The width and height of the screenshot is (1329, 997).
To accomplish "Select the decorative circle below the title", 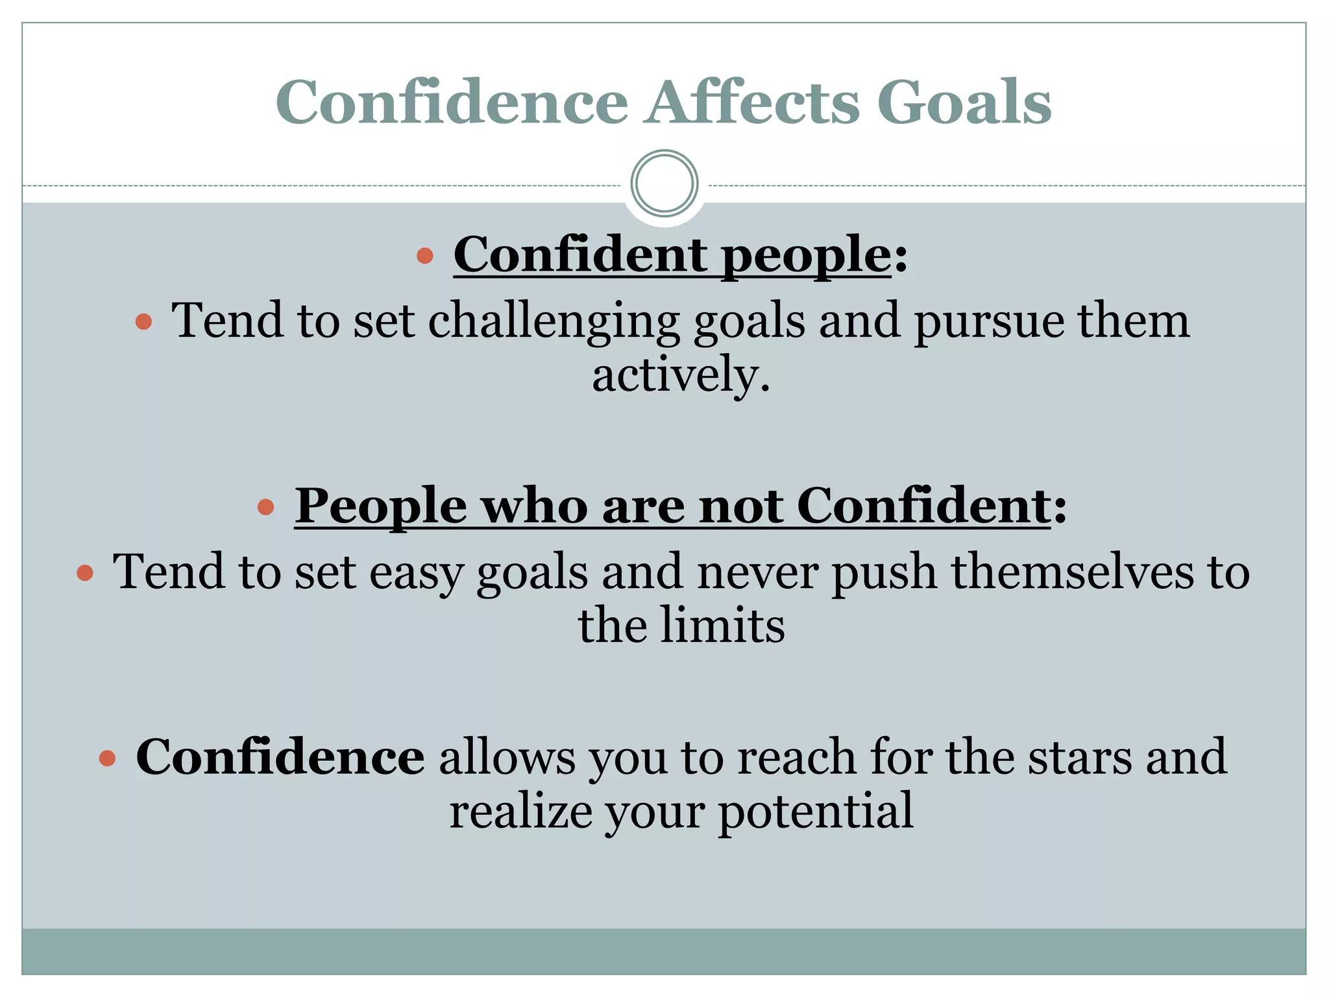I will coord(664,184).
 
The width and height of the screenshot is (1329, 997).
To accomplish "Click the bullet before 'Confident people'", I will coord(425,255).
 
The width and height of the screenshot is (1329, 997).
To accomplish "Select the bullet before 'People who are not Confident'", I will coord(265,507).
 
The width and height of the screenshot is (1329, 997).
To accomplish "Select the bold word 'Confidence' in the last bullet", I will coord(280,757).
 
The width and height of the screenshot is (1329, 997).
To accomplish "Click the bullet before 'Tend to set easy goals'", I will coord(85,572).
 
